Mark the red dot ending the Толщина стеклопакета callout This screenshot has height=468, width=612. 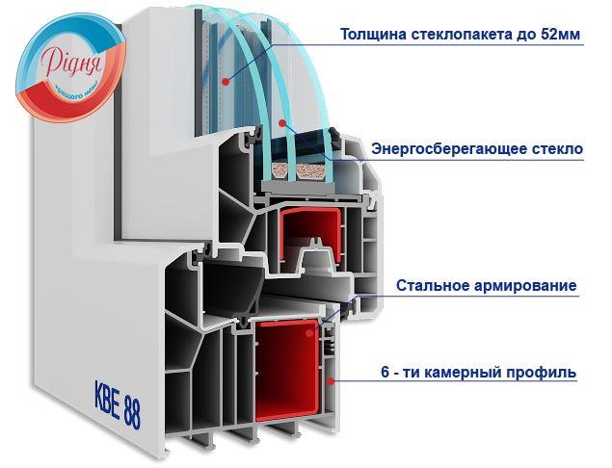point(225,82)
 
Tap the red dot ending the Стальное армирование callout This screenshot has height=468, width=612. point(310,331)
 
